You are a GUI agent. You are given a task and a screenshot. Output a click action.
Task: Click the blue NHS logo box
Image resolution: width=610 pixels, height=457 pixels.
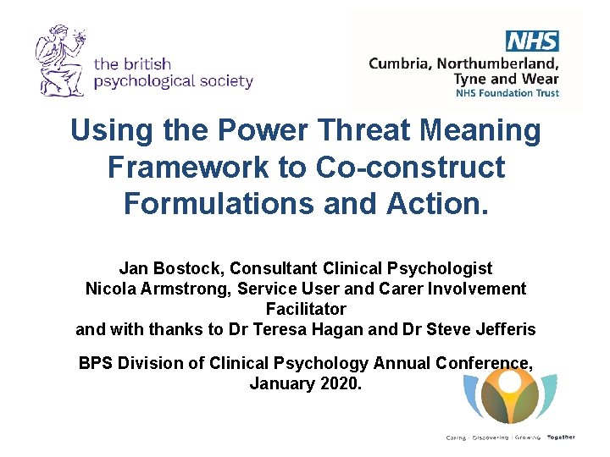point(532,41)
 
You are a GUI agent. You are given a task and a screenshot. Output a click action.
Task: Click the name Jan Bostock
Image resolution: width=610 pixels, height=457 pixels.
point(162,268)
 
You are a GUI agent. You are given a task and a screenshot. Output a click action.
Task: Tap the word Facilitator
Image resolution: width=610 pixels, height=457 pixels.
point(306,309)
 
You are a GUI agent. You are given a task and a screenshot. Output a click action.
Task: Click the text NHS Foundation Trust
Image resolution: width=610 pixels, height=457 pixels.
point(507,93)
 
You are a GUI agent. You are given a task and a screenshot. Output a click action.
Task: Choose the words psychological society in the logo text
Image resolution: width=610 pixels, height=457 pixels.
point(174,81)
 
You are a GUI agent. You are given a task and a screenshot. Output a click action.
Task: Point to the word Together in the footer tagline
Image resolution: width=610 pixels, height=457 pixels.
point(560,438)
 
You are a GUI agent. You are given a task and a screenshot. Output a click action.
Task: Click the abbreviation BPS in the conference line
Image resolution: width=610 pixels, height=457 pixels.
point(97,363)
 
